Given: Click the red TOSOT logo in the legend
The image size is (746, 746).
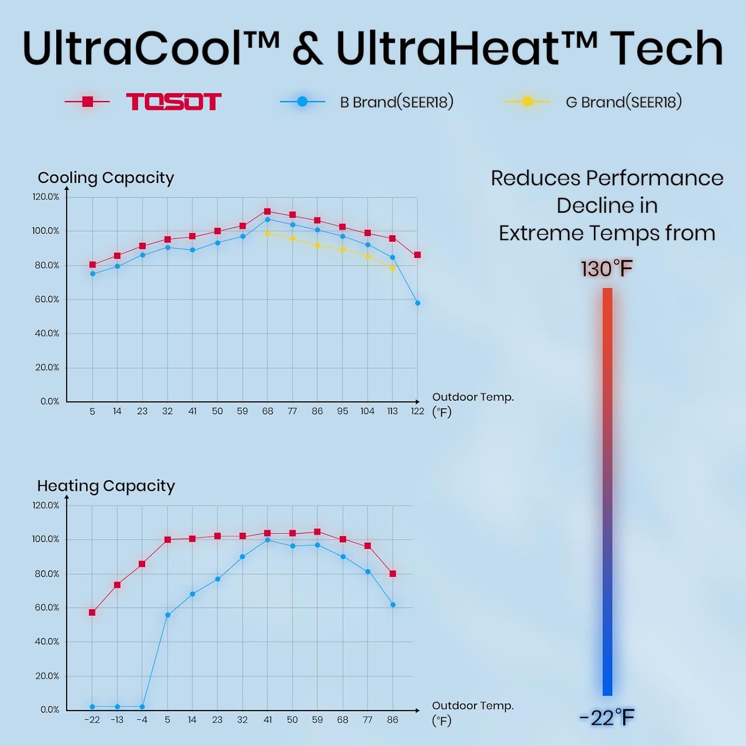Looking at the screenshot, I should coord(173,102).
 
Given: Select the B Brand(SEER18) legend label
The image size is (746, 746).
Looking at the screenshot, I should coord(396,102).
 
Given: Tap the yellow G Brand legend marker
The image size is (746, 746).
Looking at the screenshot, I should coord(527,101).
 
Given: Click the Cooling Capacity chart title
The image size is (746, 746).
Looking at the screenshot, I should coord(106,178).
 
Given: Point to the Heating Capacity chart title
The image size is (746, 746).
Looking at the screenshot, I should coord(106,485).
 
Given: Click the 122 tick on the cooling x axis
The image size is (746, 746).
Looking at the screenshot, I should coord(417,411).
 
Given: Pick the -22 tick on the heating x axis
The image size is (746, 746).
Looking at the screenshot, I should coord(92,720).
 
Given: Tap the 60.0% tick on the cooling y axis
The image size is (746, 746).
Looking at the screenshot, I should coord(47,299).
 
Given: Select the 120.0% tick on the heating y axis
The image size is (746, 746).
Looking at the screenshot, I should coord(46,505).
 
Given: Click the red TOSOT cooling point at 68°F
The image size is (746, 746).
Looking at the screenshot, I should coord(268,211).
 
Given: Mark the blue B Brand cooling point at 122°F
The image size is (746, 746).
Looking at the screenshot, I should coord(418,303).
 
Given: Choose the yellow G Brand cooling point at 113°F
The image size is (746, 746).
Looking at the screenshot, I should coord(392,268).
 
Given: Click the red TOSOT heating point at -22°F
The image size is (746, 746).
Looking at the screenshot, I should coord(92,612).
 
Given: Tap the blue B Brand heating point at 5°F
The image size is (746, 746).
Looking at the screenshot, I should coord(168,615).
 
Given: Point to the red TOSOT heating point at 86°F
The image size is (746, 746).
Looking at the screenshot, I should coord(393,573).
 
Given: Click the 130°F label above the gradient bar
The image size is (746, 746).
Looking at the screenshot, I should coord(607,269).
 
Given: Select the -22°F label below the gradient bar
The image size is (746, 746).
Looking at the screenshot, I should coord(607,718).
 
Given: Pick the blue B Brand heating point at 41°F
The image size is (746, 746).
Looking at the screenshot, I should coord(268,540).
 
